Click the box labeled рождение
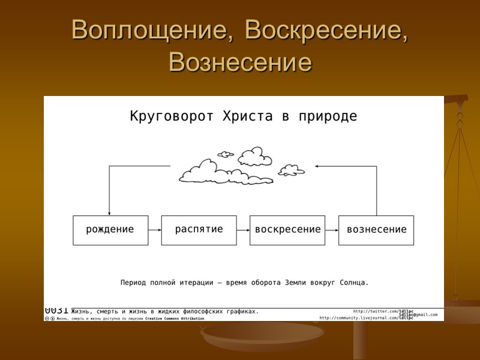tap(110, 230)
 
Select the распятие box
tap(199, 230)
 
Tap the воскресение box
tap(287, 230)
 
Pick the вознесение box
tap(376, 230)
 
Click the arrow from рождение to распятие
tap(155, 230)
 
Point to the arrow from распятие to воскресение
tap(243, 230)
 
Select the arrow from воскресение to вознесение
tap(332, 230)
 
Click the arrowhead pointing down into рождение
tap(109, 212)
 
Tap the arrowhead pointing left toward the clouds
tap(318, 167)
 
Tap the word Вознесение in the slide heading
tap(240, 62)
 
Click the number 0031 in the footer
tap(56, 310)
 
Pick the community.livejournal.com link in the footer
tap(366, 318)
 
